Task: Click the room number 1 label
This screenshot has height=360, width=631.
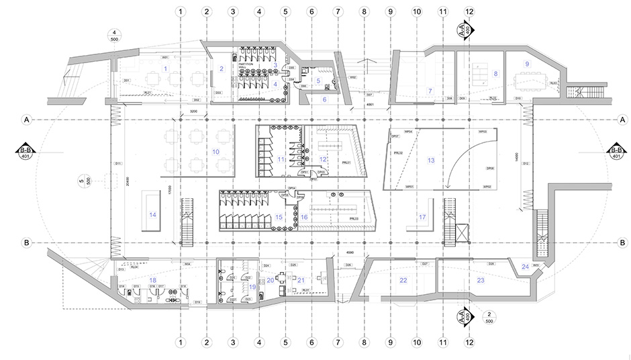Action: (165, 69)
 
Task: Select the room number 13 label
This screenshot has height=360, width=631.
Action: (431, 161)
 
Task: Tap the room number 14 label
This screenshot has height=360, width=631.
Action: (152, 215)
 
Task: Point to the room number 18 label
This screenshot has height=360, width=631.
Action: (153, 279)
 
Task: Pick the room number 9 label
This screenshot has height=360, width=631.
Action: (527, 64)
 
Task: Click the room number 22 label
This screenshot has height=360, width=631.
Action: (403, 279)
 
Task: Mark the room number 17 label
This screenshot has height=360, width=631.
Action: (422, 218)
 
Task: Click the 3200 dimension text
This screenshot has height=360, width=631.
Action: (194, 109)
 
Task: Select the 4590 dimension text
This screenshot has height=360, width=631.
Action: (350, 253)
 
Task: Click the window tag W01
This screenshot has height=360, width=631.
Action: (164, 58)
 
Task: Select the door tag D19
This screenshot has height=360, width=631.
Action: (197, 302)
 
